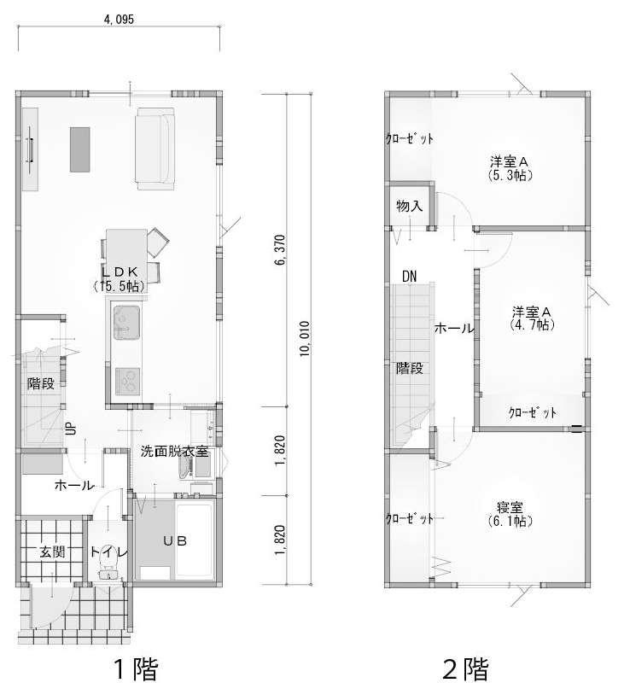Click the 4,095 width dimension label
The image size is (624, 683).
119,19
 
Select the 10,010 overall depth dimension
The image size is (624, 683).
305,339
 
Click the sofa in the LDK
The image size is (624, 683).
156,149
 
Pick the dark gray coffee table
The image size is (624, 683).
80,149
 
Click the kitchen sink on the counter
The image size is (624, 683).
126,323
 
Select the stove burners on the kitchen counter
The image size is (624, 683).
127,382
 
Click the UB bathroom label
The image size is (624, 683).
175,540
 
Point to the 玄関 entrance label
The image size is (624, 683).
52,552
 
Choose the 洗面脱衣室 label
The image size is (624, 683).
174,452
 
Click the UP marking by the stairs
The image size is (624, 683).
71,429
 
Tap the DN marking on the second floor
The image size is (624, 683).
410,276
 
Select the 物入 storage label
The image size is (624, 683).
410,206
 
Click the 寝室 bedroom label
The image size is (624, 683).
510,507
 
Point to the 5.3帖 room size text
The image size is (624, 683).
510,175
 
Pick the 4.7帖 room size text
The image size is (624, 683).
532,324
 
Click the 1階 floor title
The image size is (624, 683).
136,668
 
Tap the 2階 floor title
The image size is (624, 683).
465,668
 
